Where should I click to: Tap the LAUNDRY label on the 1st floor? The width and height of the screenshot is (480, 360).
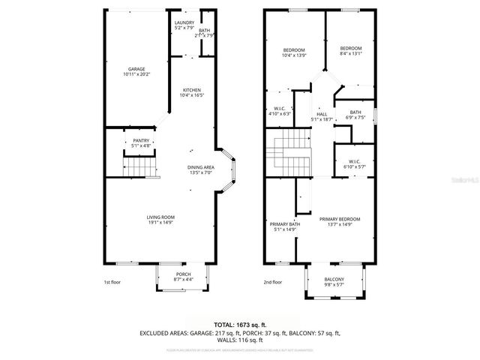point(184,23)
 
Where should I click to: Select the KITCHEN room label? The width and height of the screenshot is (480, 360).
point(192,90)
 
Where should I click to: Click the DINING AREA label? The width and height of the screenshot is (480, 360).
point(201,167)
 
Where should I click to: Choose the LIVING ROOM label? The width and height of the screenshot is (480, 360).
point(160,217)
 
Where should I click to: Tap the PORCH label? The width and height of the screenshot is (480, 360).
point(184,274)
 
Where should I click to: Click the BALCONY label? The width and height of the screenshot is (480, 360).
point(335,278)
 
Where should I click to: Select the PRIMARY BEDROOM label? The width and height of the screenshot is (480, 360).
point(340,219)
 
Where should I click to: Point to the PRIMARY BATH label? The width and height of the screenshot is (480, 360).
point(284,224)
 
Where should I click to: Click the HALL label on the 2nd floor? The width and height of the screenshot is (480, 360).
point(321,114)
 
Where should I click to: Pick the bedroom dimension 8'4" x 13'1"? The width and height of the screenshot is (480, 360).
point(350,54)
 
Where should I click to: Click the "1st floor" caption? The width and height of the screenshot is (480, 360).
point(112,282)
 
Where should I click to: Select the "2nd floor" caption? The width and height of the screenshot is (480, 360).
point(273,282)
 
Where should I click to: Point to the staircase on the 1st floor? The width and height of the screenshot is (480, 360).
point(136,163)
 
